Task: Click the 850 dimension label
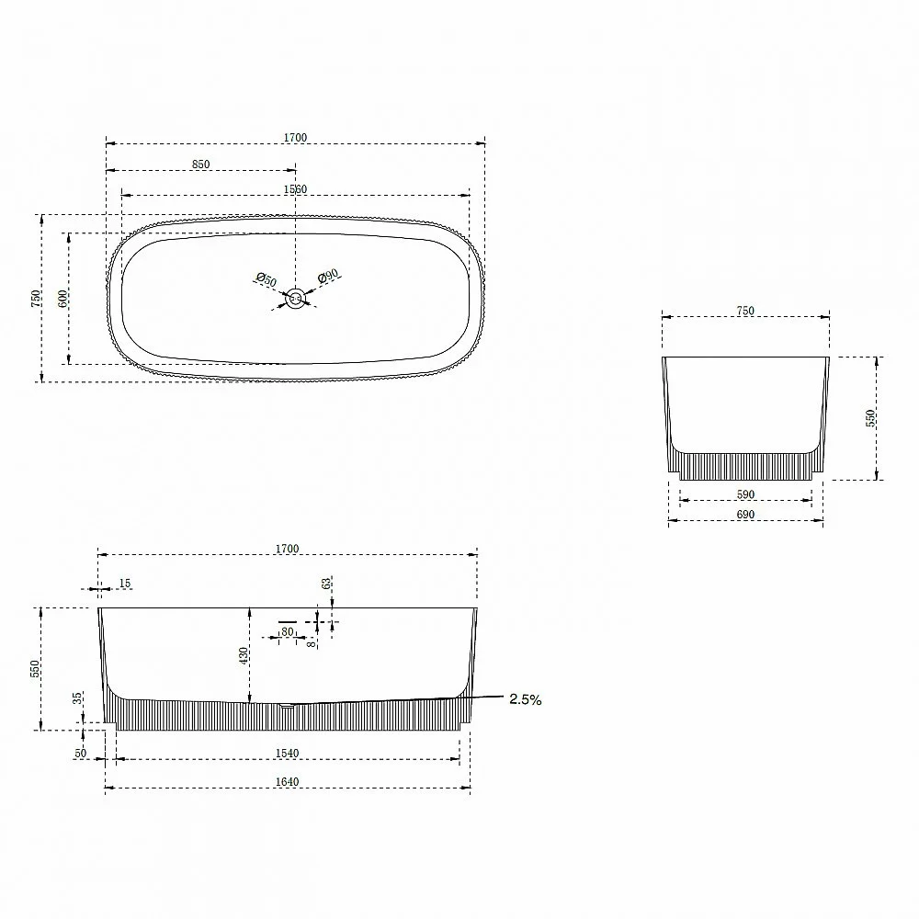click(x=200, y=165)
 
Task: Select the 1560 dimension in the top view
click(x=295, y=189)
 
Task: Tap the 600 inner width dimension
click(x=62, y=299)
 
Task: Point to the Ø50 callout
click(x=267, y=280)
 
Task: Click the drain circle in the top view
click(x=295, y=299)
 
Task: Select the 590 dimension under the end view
click(x=745, y=494)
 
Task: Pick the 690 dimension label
click(x=745, y=515)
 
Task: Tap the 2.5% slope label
click(x=525, y=699)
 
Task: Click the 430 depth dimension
click(x=244, y=655)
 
